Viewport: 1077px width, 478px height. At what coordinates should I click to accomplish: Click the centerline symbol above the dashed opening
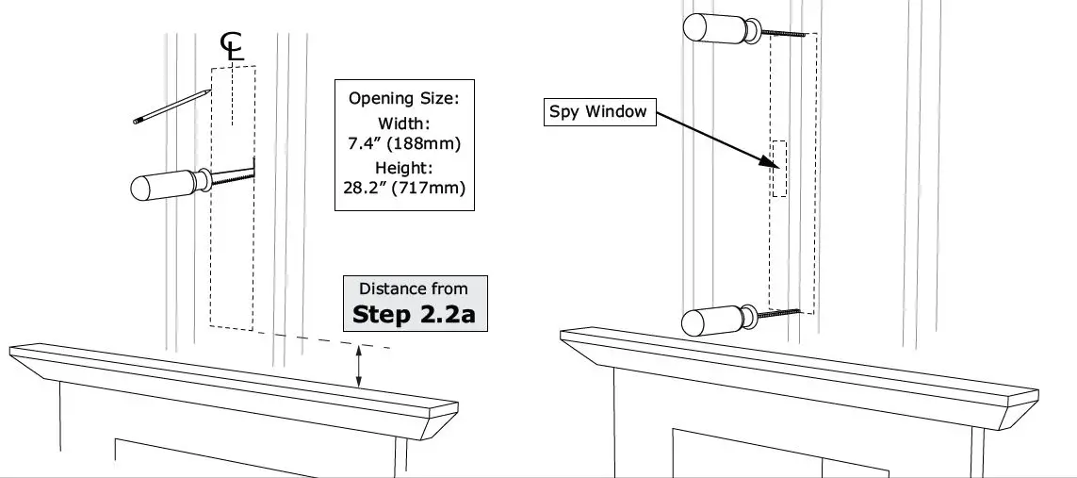[x=232, y=46]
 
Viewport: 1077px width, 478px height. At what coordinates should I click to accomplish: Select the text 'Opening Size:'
[x=404, y=97]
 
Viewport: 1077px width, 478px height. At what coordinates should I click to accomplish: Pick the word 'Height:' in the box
[x=404, y=166]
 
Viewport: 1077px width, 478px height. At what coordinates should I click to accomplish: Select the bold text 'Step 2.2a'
[x=414, y=315]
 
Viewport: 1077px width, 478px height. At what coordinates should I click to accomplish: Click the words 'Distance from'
[x=414, y=288]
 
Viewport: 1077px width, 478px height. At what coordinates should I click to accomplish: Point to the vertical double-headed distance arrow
[x=359, y=367]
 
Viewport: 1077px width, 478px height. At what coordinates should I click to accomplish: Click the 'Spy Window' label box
[x=598, y=111]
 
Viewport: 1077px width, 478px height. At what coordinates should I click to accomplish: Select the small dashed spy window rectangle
[x=778, y=169]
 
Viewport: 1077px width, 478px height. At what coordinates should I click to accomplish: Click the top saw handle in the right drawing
[x=716, y=27]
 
